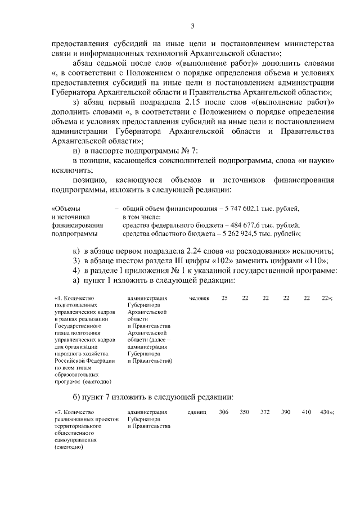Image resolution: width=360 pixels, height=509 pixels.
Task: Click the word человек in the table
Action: pos(199,298)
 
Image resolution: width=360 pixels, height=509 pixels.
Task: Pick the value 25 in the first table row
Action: pos(224,298)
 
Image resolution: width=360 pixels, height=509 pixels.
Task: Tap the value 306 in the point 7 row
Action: pos(223,412)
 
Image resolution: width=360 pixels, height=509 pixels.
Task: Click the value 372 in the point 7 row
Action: pos(265,412)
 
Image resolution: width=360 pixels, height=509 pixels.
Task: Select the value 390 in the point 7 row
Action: pos(286,412)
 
